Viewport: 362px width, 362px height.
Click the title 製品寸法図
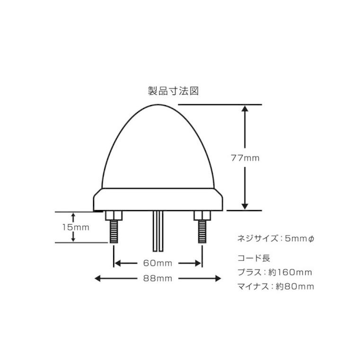(x=172, y=91)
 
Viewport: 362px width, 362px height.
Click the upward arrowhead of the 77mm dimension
(x=244, y=108)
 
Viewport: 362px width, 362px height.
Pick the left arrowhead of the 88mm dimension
(x=98, y=278)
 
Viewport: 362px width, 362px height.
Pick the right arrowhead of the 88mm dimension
(x=218, y=278)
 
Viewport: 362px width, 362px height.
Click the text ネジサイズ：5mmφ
(x=274, y=238)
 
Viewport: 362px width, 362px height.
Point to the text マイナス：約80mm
(x=275, y=286)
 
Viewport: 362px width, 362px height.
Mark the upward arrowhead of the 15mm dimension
(x=73, y=215)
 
